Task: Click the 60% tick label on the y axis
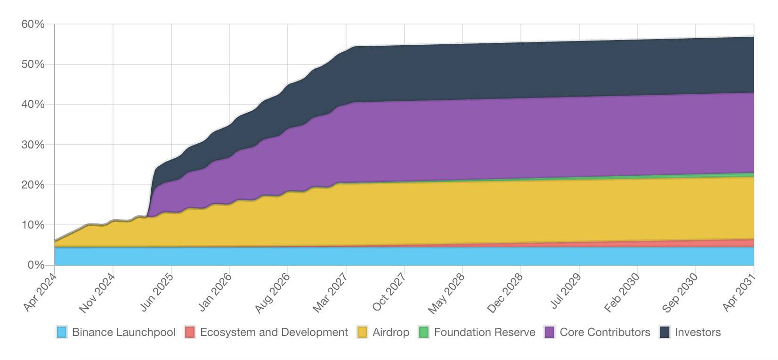pyautogui.click(x=32, y=25)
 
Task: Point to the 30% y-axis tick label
pyautogui.click(x=32, y=145)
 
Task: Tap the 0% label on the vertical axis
pyautogui.click(x=36, y=265)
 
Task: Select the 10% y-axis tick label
pyautogui.click(x=32, y=225)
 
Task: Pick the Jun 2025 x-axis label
pyautogui.click(x=157, y=292)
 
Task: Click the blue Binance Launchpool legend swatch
pyautogui.click(x=62, y=332)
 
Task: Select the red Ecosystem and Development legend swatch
pyautogui.click(x=190, y=332)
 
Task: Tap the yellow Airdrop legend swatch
pyautogui.click(x=362, y=332)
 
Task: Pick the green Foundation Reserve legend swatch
pyautogui.click(x=424, y=332)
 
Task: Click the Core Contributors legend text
pyautogui.click(x=605, y=332)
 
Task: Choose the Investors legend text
pyautogui.click(x=698, y=332)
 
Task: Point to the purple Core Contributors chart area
pyautogui.click(x=521, y=139)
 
